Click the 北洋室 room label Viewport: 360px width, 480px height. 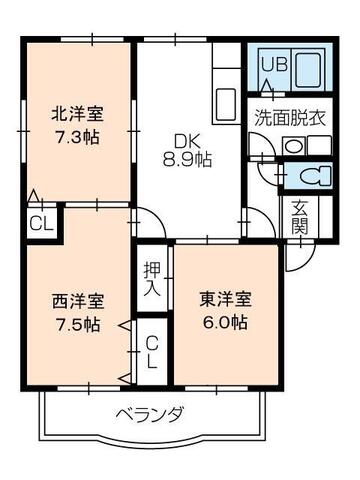(76, 114)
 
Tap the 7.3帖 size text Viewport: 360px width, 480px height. (76, 135)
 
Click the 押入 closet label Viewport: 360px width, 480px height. (152, 279)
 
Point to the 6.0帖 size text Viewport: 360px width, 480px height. (222, 323)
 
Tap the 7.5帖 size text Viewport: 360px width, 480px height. (76, 324)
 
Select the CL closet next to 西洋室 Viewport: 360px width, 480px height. (152, 353)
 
